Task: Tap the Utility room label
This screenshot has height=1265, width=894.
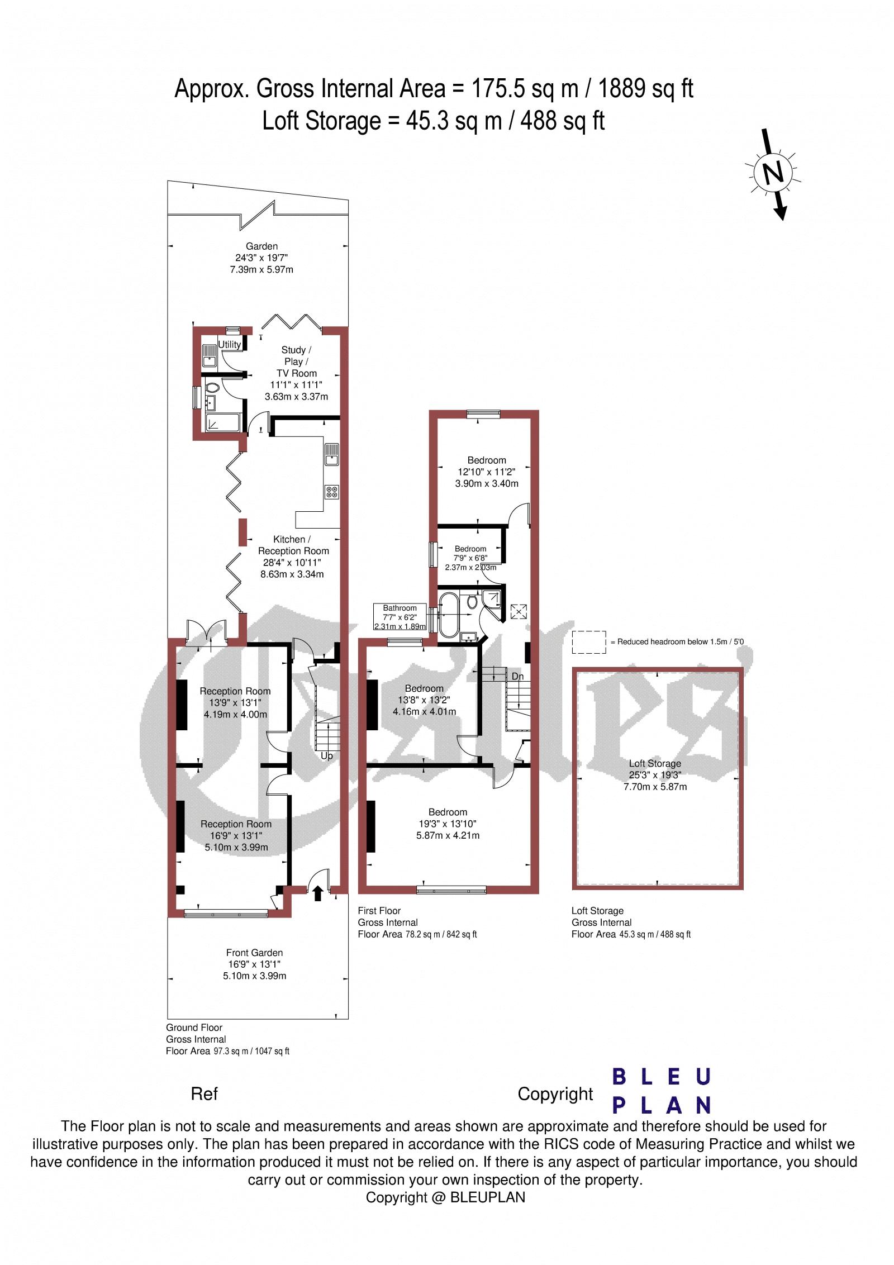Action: (230, 344)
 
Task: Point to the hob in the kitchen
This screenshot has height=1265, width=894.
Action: (331, 492)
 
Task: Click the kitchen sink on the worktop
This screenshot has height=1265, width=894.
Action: (331, 454)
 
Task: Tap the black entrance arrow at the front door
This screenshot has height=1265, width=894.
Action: (317, 893)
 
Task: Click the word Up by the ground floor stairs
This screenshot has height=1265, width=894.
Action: (327, 756)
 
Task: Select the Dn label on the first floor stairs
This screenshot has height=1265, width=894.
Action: (517, 677)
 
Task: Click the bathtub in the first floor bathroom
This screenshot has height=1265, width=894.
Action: (448, 615)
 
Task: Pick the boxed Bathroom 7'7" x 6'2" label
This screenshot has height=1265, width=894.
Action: (400, 617)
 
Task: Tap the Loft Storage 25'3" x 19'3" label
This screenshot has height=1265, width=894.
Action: (655, 775)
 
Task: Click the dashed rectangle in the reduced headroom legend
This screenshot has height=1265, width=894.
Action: (589, 642)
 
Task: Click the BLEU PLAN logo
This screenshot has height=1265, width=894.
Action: (662, 1091)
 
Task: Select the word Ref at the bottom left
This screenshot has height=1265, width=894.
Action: (204, 1094)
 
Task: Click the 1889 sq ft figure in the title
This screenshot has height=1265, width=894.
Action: (646, 89)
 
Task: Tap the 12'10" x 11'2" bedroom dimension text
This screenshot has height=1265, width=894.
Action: (486, 472)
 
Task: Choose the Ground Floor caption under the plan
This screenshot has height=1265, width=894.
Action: (194, 1028)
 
